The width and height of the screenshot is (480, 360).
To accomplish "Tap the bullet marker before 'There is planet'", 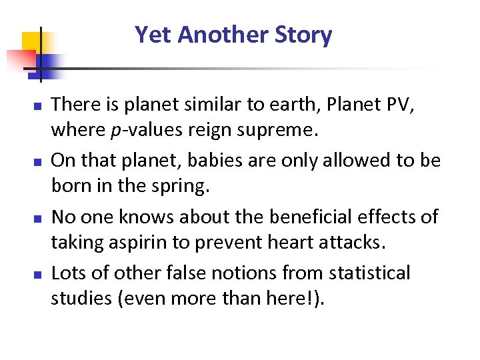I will pos(39,106).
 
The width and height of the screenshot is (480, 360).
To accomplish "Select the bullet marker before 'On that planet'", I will pos(39,162).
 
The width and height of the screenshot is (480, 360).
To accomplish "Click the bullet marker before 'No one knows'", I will pos(39,218).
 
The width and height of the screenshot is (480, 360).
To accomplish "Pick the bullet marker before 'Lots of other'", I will pos(39,274).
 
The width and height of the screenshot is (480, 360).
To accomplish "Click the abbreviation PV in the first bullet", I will pos(405,104).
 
